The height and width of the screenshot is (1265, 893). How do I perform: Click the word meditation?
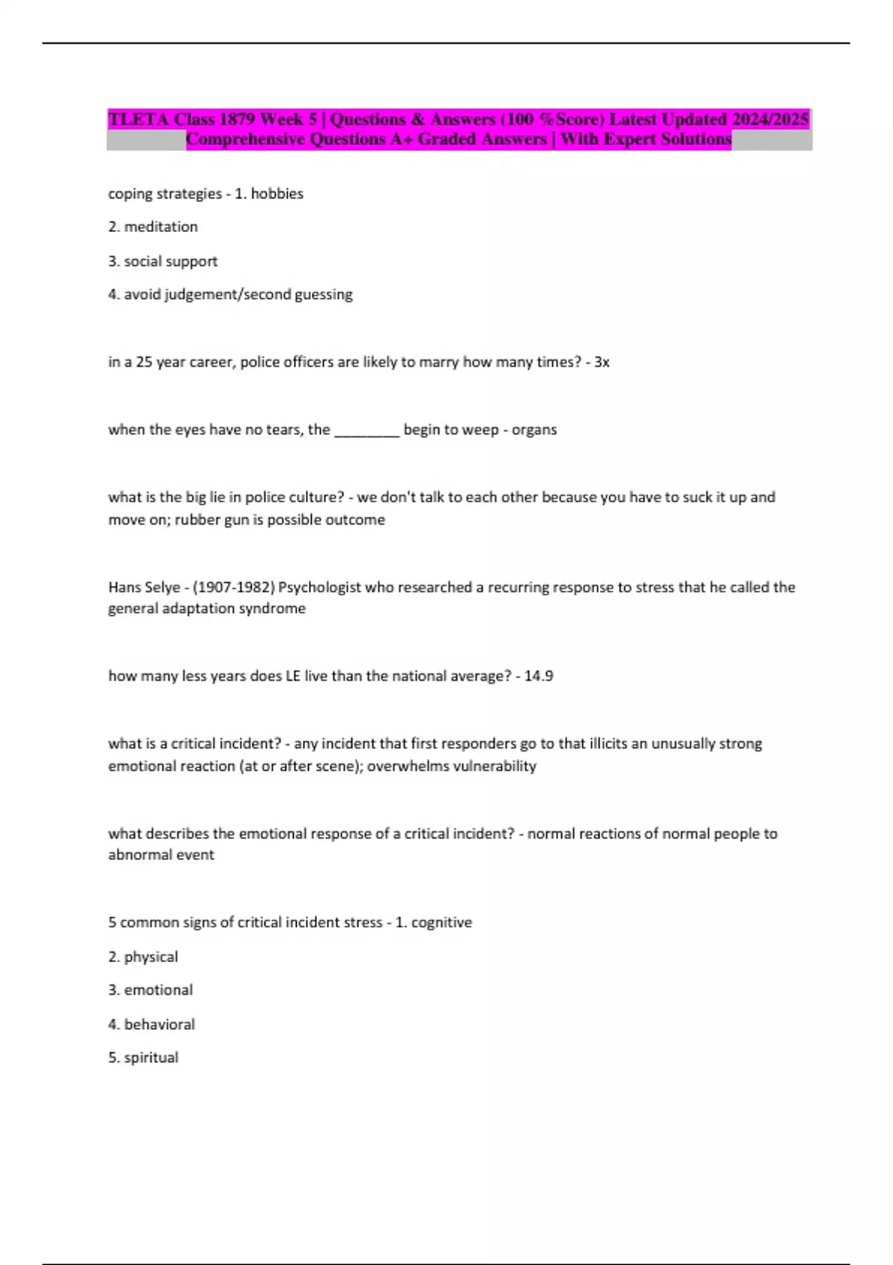pyautogui.click(x=161, y=227)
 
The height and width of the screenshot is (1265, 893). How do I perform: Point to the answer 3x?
pyautogui.click(x=601, y=362)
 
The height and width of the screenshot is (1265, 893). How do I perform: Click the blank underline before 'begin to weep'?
pyautogui.click(x=367, y=430)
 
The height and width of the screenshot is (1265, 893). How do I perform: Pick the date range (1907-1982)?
pyautogui.click(x=234, y=587)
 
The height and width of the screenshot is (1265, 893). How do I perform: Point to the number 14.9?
pyautogui.click(x=538, y=676)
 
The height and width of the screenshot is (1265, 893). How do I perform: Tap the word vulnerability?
pyautogui.click(x=494, y=766)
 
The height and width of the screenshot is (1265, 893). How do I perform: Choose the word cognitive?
pyautogui.click(x=441, y=923)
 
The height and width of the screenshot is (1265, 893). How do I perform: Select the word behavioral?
pyautogui.click(x=159, y=1025)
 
